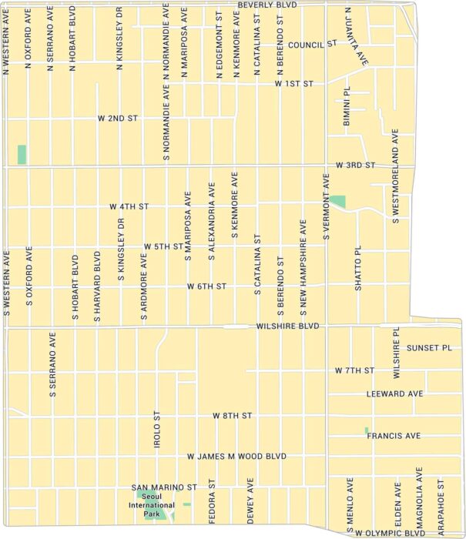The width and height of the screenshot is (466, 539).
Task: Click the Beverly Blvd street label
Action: coord(267,5)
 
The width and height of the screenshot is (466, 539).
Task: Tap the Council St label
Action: coord(313,45)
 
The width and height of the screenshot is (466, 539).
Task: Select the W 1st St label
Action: coord(296,83)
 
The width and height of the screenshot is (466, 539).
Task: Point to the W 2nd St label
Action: coord(117,119)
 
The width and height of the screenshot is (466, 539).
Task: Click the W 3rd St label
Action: coord(355,166)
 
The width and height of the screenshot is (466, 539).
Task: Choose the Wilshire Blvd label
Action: coord(287,326)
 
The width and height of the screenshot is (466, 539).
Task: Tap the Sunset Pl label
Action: coord(429,348)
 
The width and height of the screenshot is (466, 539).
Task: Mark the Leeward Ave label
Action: coord(395,393)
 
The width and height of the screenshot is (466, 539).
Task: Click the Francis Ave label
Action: coord(394,436)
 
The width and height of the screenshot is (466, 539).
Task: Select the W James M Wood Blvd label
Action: coord(236,457)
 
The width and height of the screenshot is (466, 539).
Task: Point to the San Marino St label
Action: coord(165,487)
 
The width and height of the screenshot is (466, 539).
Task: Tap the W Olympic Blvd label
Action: coord(390,533)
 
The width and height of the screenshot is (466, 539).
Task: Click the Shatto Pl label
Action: coord(357,269)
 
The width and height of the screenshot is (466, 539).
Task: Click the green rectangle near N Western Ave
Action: coord(22,154)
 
